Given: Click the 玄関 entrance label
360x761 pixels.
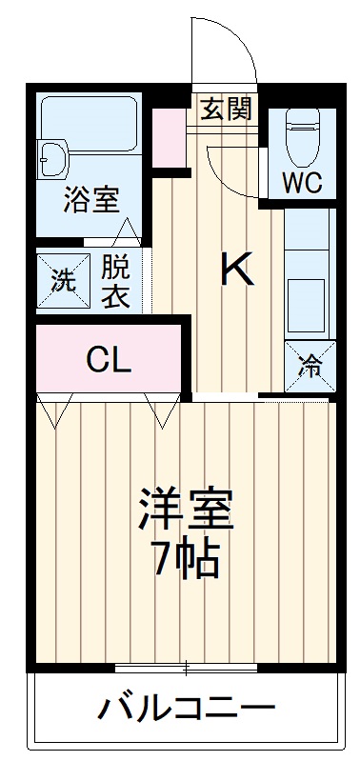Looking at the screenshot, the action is point(227,109).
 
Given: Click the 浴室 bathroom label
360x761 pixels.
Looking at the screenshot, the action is point(91,202).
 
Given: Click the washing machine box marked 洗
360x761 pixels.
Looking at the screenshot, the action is point(61,281).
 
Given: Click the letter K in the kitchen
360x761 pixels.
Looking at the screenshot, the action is point(237,271).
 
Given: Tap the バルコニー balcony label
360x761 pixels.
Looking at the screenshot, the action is point(187,710).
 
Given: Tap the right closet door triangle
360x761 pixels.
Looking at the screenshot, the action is point(162,411).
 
